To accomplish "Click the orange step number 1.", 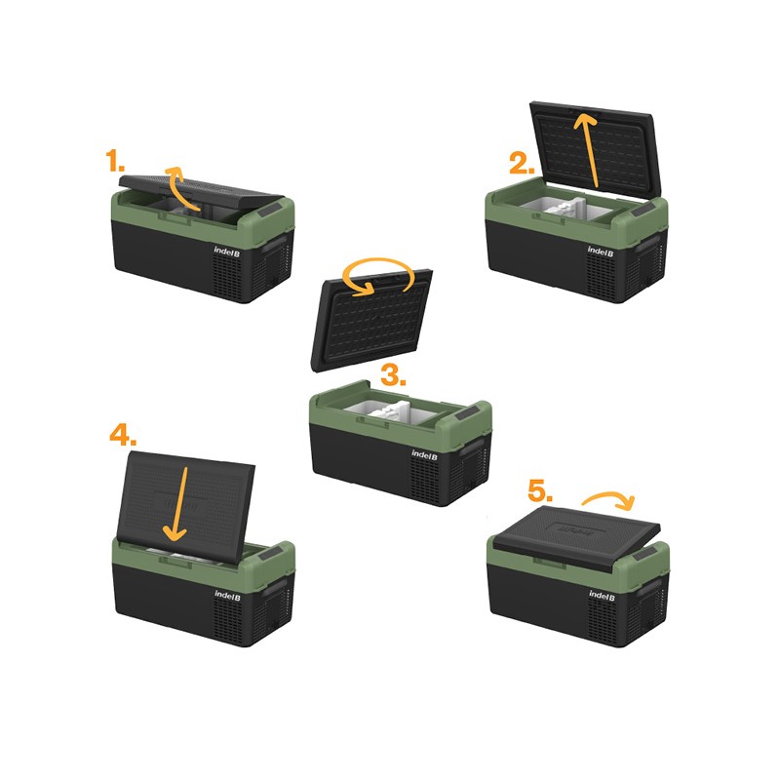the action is (x=115, y=160).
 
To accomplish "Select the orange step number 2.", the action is (x=522, y=163).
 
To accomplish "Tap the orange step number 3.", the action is (x=394, y=374).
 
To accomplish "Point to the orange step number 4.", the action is (x=123, y=435).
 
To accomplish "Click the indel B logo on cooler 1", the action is (x=227, y=252).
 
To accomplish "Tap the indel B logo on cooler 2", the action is (x=601, y=252).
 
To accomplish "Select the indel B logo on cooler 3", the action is (x=424, y=454).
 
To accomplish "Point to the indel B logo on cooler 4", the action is (x=227, y=595).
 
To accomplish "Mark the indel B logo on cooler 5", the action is (x=602, y=595).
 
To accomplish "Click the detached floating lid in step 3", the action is (x=371, y=321).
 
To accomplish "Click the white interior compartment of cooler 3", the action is (x=391, y=411).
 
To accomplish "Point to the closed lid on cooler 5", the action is (x=577, y=537).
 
